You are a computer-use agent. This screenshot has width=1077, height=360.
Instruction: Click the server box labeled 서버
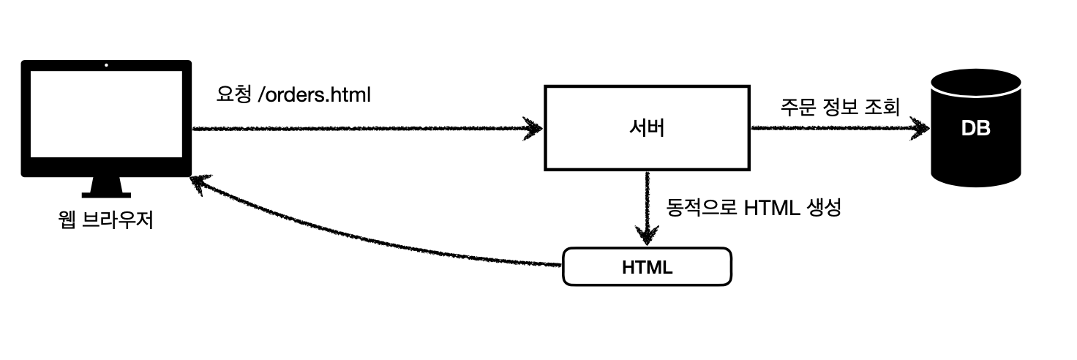coord(647,128)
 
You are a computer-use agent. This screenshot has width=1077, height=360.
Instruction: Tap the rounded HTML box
coord(647,267)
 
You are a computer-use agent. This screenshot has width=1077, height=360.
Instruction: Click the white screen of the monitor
coord(106,115)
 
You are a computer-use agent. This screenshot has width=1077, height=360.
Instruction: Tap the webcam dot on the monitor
coord(106,66)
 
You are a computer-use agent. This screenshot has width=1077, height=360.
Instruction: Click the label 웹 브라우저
coord(105,220)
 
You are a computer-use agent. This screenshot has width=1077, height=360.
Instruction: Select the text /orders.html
coord(315,94)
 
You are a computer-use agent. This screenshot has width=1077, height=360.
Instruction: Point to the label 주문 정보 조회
coord(839,108)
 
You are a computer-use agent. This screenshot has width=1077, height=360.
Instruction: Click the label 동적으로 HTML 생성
coord(754,207)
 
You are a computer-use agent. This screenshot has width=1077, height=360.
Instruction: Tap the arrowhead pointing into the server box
coord(533,129)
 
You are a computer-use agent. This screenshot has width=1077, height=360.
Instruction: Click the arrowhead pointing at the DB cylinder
coord(919,129)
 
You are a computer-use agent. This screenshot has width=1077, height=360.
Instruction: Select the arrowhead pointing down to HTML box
coord(647,236)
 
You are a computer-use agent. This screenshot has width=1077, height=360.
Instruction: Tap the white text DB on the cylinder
coord(975,129)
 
